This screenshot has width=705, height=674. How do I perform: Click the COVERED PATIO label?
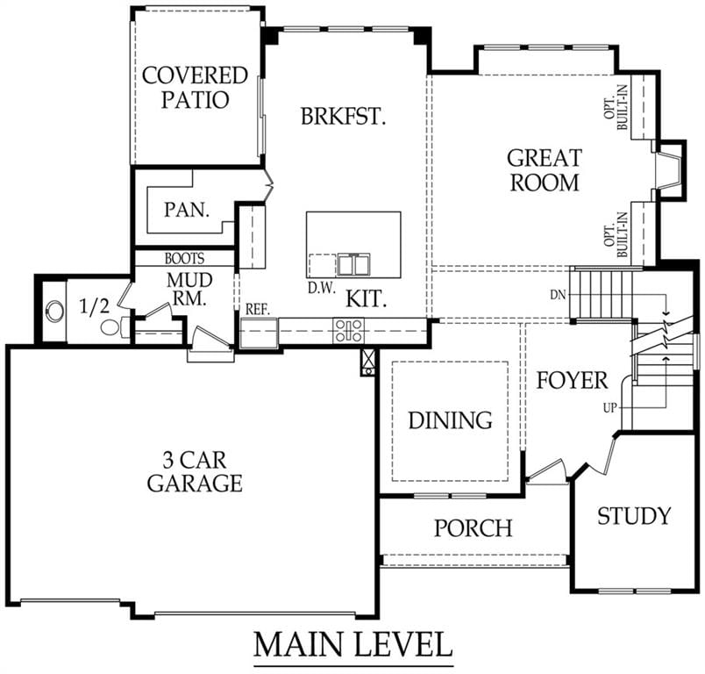pos(196,88)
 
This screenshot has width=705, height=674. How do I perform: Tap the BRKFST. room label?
pos(343,116)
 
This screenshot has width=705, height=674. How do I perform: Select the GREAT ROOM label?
pos(545,170)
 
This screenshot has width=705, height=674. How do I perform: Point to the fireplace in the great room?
pos(668,169)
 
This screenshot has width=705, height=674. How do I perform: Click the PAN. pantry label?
pos(187,210)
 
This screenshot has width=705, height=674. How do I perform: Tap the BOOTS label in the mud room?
pos(184,258)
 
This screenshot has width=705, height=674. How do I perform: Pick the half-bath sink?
pos(55,311)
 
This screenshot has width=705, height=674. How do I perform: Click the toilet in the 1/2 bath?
pos(115,326)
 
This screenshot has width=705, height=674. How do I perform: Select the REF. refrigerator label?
pos(258,310)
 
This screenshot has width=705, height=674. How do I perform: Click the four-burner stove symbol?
pos(348,331)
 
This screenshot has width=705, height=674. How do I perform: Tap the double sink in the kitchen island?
pos(354,264)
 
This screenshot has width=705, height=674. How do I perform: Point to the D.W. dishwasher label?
pos(322,289)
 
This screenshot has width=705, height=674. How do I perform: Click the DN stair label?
pos(559,295)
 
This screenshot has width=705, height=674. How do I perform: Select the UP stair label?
pos(610,409)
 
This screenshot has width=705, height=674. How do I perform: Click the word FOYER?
pos(572,381)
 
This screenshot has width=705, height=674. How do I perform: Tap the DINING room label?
pos(450,420)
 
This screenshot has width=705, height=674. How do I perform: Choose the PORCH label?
pos(473,527)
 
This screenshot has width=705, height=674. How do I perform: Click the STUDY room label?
pos(634,516)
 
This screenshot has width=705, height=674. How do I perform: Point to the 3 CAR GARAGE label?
pos(195,471)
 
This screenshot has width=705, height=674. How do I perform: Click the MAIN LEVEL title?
pos(353,645)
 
